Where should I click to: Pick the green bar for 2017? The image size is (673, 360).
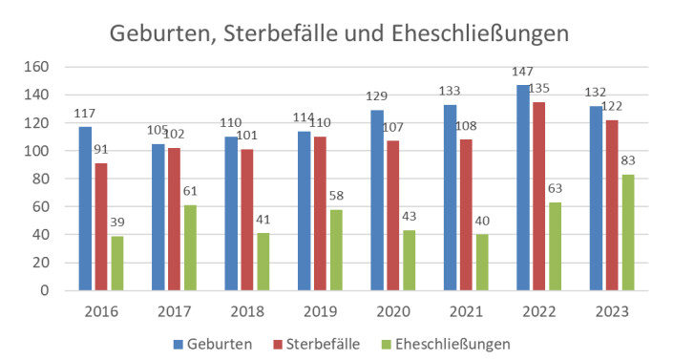[191, 247]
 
